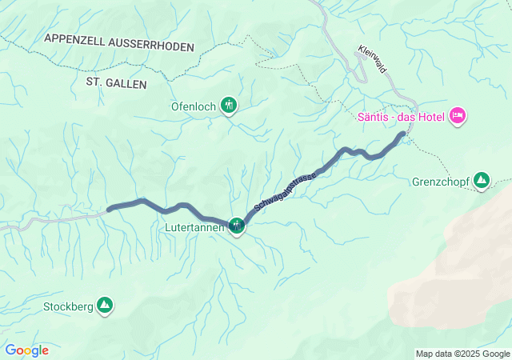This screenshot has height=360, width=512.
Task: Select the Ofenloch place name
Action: (194, 105)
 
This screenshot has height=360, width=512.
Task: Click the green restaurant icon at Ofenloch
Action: (229, 104)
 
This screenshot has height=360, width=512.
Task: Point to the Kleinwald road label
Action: (373, 59)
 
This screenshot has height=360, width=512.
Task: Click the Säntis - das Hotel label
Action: (402, 117)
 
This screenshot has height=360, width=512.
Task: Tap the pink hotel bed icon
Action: (458, 117)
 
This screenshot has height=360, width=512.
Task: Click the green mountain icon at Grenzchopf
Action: (482, 180)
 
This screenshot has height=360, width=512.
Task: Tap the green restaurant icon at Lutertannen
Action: (237, 226)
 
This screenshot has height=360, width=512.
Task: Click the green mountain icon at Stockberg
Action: (104, 305)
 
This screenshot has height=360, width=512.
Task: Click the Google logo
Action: (26, 350)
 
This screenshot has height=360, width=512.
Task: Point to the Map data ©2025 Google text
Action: (462, 354)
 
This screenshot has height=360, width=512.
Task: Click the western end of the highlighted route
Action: (109, 209)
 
